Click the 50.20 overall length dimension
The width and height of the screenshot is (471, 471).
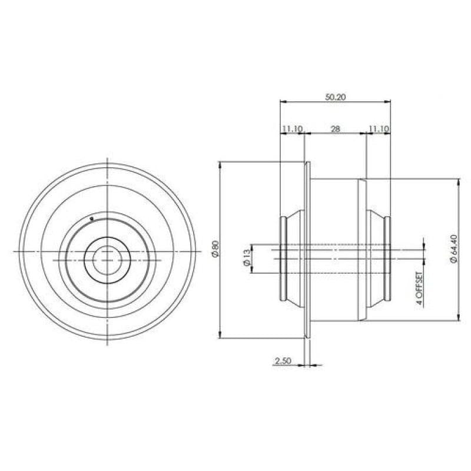click(335, 97)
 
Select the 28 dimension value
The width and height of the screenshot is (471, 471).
click(335, 129)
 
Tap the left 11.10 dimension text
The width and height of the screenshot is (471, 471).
click(291, 129)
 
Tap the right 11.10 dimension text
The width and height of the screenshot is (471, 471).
click(379, 129)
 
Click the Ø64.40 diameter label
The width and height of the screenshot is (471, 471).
click(453, 249)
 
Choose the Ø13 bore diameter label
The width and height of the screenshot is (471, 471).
click(246, 258)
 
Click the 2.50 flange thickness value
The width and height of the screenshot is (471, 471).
click(283, 360)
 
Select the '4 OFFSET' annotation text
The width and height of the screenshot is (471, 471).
click(420, 288)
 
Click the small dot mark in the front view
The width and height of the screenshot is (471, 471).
click(92, 218)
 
